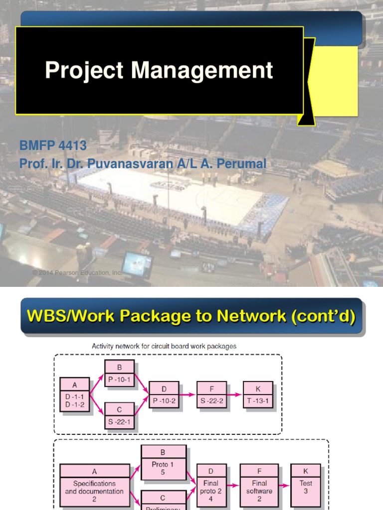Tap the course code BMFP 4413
pyautogui.click(x=53, y=146)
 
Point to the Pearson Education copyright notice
pyautogui.click(x=77, y=273)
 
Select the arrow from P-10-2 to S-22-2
pyautogui.click(x=188, y=395)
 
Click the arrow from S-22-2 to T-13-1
pyautogui.click(x=235, y=395)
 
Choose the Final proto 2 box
pyautogui.click(x=211, y=485)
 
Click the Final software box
pyautogui.click(x=259, y=485)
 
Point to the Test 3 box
pyautogui.click(x=306, y=485)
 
